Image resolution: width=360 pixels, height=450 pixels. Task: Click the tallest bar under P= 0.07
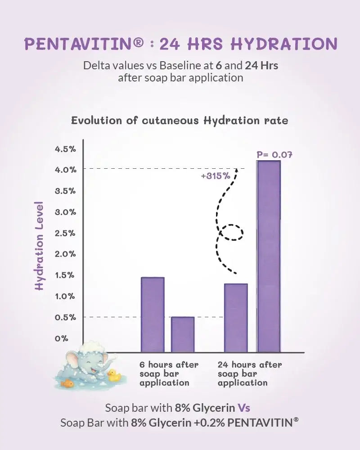pos(269,256)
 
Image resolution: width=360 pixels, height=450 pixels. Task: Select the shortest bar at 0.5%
pos(183,335)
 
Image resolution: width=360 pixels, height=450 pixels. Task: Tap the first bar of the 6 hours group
pos(153,315)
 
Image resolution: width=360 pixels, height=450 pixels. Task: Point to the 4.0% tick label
pos(66,170)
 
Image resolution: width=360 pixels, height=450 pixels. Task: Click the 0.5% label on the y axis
pos(66,317)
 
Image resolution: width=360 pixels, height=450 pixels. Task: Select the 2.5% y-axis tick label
pos(66,233)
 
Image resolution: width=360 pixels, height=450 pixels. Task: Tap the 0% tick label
pos(61,338)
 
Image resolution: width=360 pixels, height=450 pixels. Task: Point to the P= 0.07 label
pos(274,154)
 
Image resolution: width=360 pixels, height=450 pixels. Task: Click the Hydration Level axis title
pos(40,245)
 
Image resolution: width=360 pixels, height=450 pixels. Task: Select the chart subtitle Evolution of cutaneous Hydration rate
pos(180,121)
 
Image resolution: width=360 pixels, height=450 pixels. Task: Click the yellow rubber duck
pos(114,376)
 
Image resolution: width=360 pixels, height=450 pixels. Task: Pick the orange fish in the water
pos(67,383)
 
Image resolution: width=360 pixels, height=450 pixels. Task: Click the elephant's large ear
pos(74,362)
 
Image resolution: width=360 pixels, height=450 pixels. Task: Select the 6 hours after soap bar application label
pos(169,373)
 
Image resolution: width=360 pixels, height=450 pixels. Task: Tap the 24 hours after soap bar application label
pos(249,373)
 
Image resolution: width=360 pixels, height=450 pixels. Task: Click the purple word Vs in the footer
pos(243,408)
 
